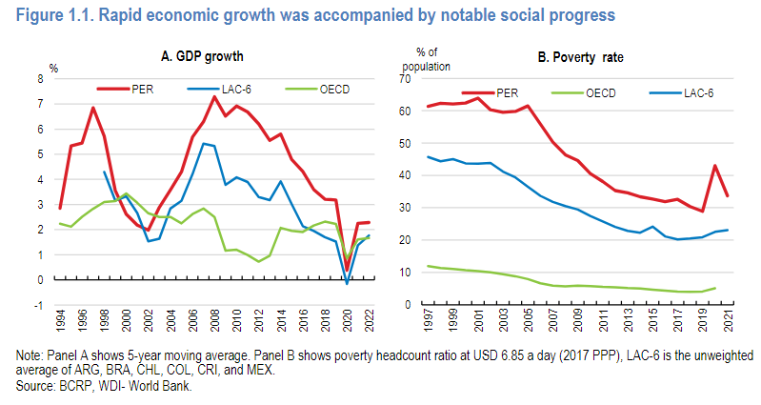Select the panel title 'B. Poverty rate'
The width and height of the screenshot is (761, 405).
pos(579,58)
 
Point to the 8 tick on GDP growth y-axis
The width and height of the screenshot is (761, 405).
pos(40,78)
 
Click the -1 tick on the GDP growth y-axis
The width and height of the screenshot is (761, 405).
pos(38,305)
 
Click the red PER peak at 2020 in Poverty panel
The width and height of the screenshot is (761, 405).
pos(714,165)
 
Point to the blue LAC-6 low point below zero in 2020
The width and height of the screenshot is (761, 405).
pos(347,283)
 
